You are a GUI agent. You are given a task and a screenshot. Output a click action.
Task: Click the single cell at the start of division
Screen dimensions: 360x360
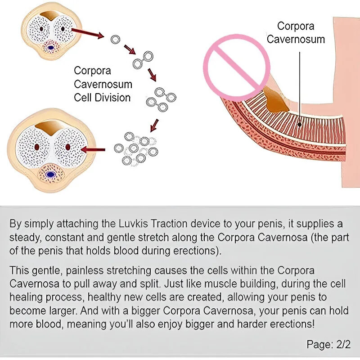pyautogui.click(x=115, y=40)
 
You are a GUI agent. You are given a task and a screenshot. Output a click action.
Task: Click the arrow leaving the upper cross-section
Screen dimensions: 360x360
pyautogui.click(x=87, y=33)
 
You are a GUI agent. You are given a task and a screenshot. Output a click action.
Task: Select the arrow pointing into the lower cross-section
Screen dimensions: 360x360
pyautogui.click(x=93, y=150)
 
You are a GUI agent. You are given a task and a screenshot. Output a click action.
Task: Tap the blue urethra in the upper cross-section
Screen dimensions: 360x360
pyautogui.click(x=50, y=48)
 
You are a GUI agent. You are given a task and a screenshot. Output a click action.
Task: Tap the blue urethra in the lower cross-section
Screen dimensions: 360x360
pyautogui.click(x=50, y=175)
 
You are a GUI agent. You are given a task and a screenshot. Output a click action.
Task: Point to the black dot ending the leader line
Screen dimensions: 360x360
pyautogui.click(x=300, y=125)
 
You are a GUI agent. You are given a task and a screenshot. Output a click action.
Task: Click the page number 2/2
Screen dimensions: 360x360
pyautogui.click(x=343, y=344)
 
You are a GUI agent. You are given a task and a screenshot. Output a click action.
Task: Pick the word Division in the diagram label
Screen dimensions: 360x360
pyautogui.click(x=113, y=98)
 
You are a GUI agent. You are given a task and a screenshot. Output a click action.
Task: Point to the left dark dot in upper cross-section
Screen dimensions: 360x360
pyautogui.click(x=41, y=29)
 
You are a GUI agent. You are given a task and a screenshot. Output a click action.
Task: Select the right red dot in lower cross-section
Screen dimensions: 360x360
pyautogui.click(x=68, y=147)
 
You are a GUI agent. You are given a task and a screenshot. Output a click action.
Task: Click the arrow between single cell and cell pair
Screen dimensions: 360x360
pyautogui.click(x=130, y=49)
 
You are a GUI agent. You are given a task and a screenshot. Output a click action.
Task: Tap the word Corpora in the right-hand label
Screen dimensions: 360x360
pyautogui.click(x=296, y=26)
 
